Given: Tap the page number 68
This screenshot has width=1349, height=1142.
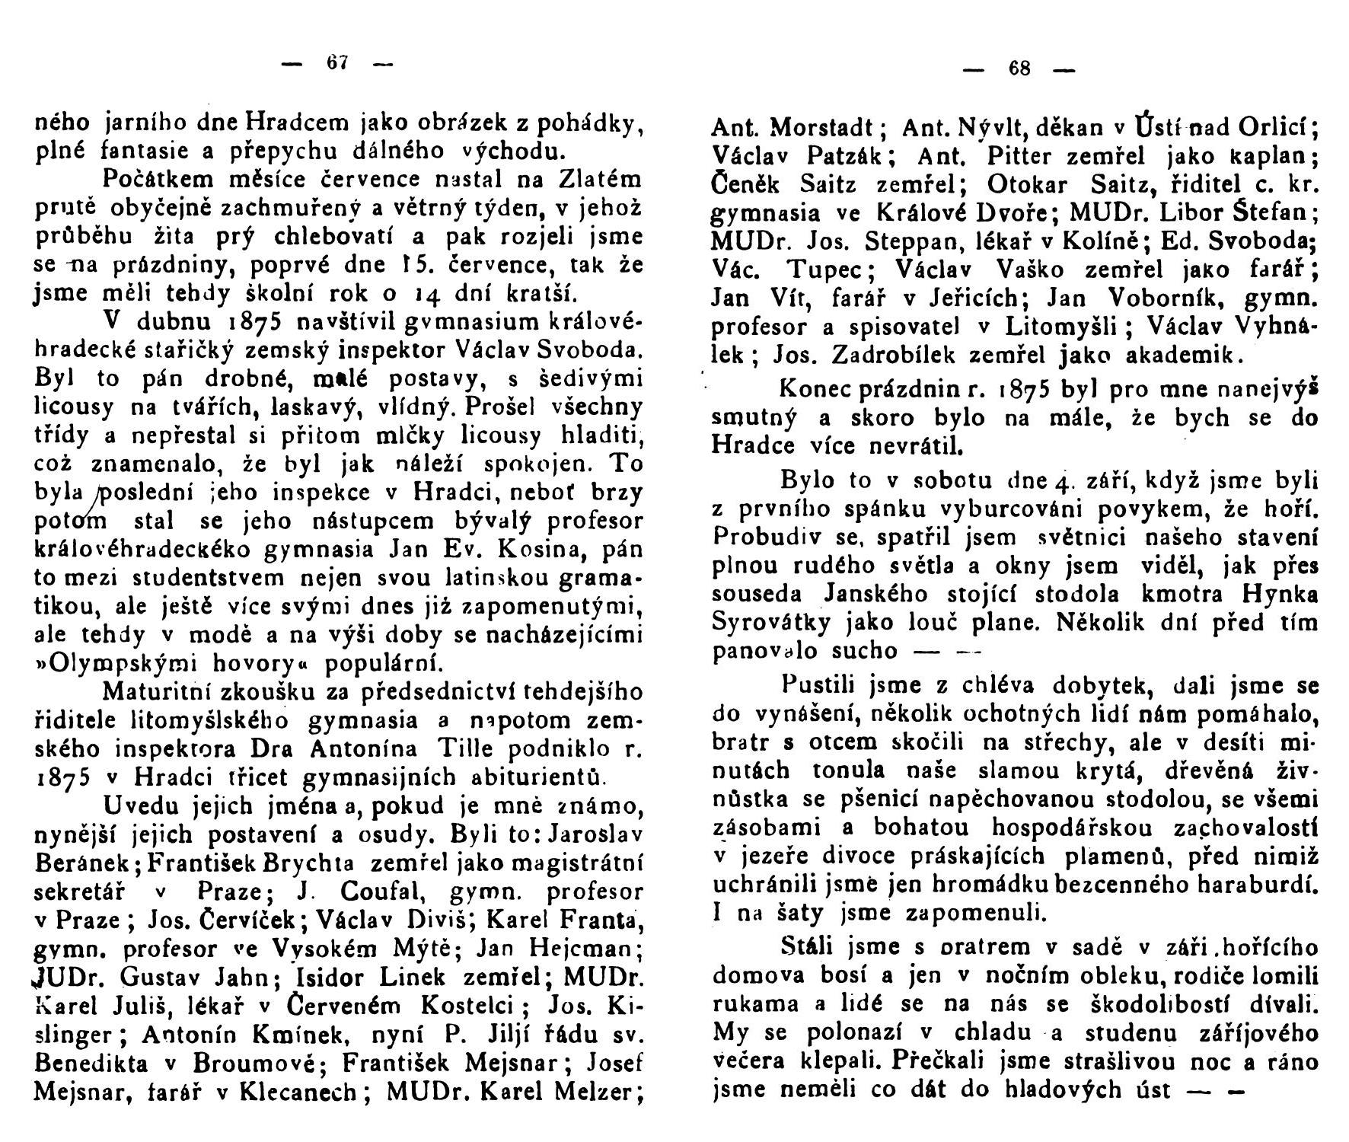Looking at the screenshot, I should [x=1019, y=69].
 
